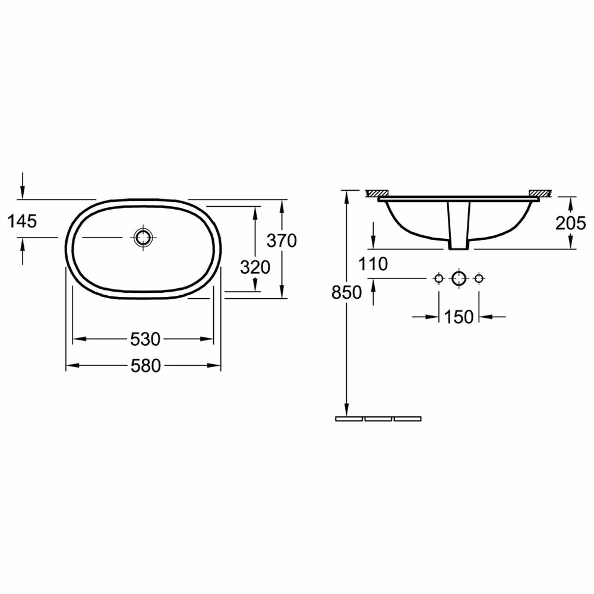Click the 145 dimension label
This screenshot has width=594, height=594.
(x=22, y=221)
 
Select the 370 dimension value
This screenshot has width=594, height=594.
(x=282, y=241)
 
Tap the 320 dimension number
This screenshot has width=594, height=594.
(x=255, y=267)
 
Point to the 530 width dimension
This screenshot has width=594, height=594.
(x=146, y=339)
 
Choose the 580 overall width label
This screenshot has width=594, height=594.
(x=146, y=365)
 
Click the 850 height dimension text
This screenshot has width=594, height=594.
(x=346, y=292)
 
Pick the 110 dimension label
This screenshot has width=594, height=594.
(x=373, y=264)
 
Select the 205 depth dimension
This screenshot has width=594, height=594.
(x=570, y=223)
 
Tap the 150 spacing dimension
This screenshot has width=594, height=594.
(x=459, y=317)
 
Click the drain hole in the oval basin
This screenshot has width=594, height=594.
(x=143, y=238)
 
